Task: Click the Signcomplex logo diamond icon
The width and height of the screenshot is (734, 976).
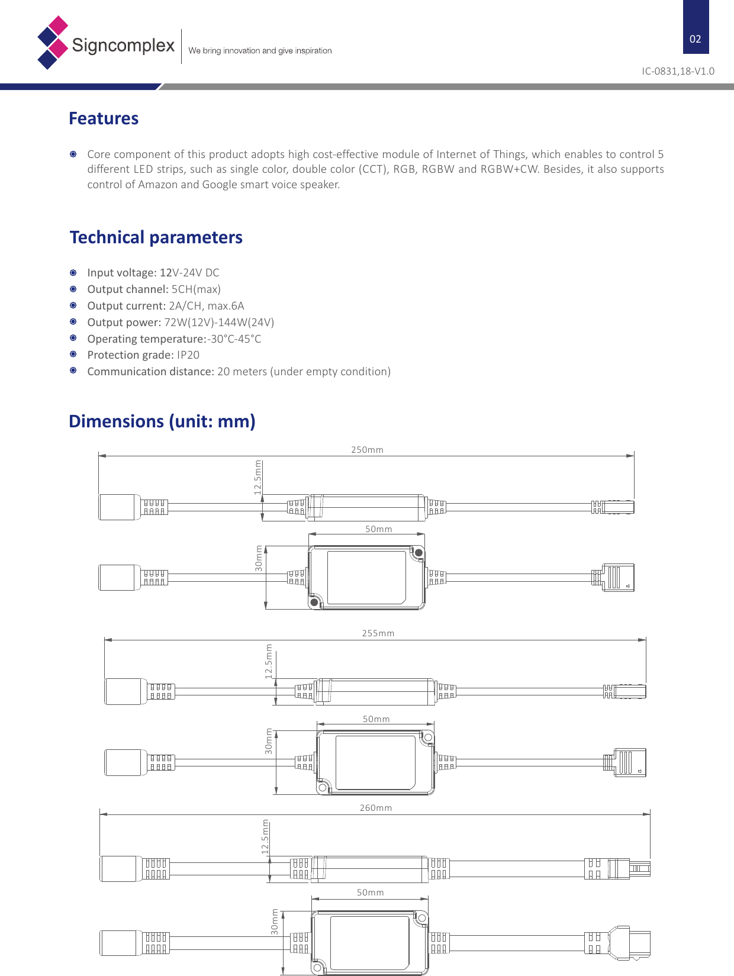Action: point(53,43)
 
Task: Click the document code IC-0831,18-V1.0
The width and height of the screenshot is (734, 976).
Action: point(678,71)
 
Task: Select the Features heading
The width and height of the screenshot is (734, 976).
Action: point(104,118)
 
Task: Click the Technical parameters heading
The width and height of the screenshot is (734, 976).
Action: point(156,237)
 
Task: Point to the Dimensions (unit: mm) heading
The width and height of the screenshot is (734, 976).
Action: point(162,421)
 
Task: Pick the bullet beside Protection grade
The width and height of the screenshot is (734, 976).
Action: point(73,354)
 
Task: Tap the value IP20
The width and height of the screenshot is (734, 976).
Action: point(188,355)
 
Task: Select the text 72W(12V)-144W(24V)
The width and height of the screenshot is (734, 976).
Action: point(219,323)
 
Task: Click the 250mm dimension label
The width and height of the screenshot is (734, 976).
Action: point(367,450)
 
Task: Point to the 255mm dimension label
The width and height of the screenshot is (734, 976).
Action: point(378,633)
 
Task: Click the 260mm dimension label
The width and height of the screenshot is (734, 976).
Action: point(375,808)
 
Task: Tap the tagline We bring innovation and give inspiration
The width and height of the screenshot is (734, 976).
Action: point(260,51)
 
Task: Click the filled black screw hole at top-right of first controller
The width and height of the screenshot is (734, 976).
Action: point(418,553)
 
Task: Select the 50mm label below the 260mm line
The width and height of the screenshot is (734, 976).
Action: point(370,893)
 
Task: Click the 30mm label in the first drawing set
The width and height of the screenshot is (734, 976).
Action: point(259,558)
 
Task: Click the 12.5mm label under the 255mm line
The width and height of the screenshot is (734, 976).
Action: point(269,661)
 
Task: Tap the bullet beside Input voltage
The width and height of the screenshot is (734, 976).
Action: point(73,273)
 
